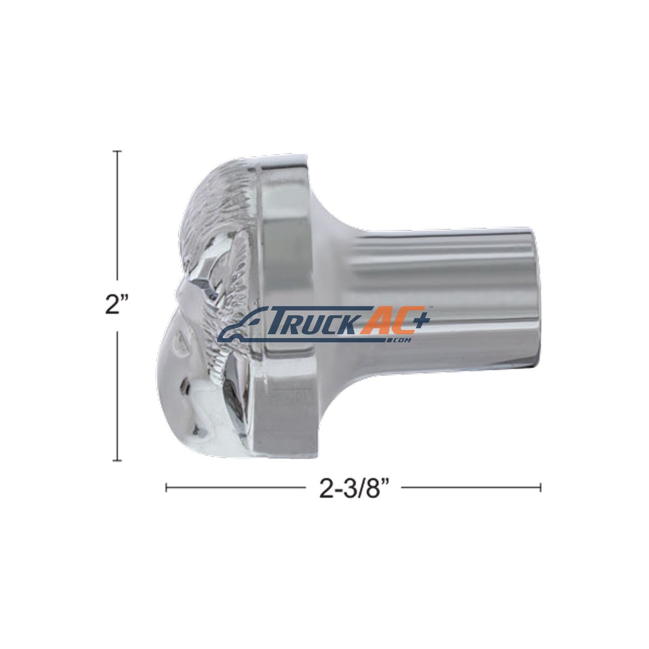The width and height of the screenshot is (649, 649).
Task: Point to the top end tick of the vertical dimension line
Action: point(117,151)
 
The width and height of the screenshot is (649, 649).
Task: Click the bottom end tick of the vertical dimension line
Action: point(117,460)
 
